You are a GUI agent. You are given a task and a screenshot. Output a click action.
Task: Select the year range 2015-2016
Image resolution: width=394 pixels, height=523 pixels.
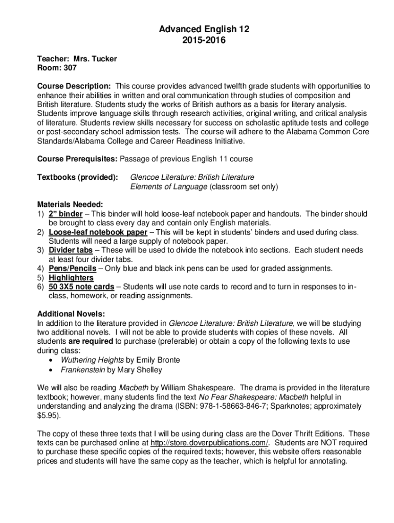(197, 39)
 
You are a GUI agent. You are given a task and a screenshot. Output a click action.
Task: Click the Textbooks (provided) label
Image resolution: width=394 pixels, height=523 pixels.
(78, 177)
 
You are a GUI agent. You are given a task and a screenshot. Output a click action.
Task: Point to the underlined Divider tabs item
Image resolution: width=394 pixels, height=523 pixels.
(71, 250)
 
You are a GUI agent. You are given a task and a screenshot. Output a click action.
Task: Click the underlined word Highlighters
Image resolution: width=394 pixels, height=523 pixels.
(71, 278)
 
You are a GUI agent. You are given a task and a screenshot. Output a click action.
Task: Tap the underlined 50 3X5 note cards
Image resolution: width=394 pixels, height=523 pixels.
(81, 287)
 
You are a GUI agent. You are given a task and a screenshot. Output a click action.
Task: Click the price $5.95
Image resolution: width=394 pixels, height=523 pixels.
(48, 415)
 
